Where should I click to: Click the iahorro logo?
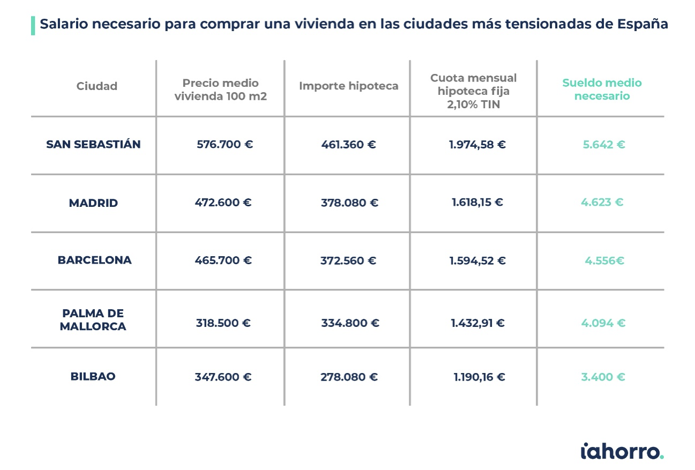pos(622,451)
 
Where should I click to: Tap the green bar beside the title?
pos(33,25)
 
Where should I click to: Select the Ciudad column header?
pos(97,86)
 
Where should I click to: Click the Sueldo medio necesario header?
pos(602,89)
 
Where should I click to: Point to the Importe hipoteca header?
pos(349,86)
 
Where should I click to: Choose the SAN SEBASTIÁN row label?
pos(93,144)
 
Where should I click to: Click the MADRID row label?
pos(93,203)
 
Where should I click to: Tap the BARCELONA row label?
pos(95,260)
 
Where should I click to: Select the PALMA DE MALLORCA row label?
pos(93,320)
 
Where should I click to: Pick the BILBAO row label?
pos(93,376)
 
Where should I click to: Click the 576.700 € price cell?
pos(225,144)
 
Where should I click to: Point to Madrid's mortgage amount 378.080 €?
pos(350,203)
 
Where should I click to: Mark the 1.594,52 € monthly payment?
pos(477,260)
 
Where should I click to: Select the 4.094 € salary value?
pos(603,323)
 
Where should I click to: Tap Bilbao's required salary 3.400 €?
pos(603,377)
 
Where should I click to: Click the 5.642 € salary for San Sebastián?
pos(604,145)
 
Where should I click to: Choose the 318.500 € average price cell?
pos(223,323)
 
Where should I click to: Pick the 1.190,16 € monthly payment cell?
pos(480,377)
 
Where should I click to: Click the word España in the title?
pos(642,24)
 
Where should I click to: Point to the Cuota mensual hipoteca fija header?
pos(474,91)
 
